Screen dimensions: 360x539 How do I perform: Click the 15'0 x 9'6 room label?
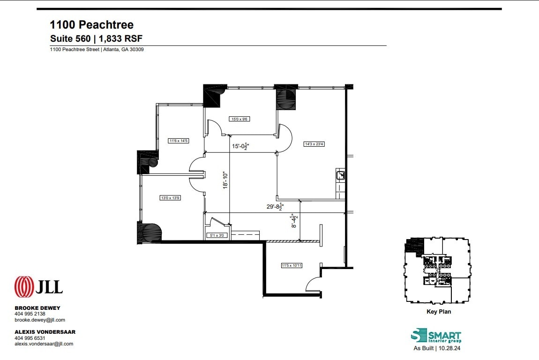pyautogui.click(x=239, y=119)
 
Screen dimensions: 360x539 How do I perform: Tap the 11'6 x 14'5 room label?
pyautogui.click(x=178, y=140)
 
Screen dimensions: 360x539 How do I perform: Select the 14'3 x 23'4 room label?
pyautogui.click(x=314, y=144)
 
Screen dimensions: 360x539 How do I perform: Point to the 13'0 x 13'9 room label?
pyautogui.click(x=171, y=198)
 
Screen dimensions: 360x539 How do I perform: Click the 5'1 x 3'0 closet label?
pyautogui.click(x=218, y=236)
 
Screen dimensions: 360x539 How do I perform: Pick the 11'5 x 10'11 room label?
pyautogui.click(x=292, y=266)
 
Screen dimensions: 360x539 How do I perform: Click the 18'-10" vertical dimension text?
pyautogui.click(x=225, y=180)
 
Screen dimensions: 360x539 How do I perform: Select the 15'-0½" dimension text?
pyautogui.click(x=240, y=146)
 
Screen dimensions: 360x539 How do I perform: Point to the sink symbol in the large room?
pyautogui.click(x=341, y=176)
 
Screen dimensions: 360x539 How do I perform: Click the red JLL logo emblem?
pyautogui.click(x=24, y=287)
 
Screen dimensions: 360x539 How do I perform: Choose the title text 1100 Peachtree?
pyautogui.click(x=92, y=25)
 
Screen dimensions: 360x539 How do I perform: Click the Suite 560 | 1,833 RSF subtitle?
pyautogui.click(x=96, y=38)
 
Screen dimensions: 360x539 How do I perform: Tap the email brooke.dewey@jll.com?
pyautogui.click(x=40, y=320)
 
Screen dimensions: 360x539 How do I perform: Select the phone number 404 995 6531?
pyautogui.click(x=30, y=338)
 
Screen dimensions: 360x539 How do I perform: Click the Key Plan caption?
pyautogui.click(x=438, y=312)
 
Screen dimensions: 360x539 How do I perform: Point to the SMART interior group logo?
pyautogui.click(x=436, y=336)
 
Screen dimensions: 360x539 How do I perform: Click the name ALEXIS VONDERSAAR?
pyautogui.click(x=45, y=332)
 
